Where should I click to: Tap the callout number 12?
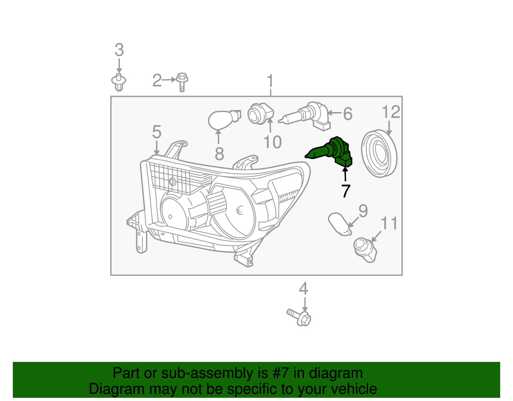coord(391,112)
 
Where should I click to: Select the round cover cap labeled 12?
coord(379,153)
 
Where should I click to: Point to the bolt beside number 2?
coord(182,82)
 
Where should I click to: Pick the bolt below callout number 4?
coord(300,317)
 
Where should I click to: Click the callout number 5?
coord(156,132)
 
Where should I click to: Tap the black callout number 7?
coord(346,191)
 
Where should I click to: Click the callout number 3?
coord(119,50)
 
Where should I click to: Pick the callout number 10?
coord(272,142)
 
